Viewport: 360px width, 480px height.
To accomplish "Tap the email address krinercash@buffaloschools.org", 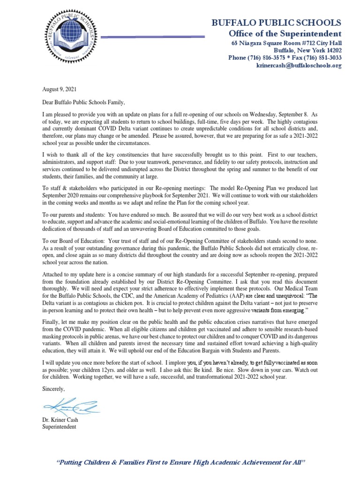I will (x=299, y=66).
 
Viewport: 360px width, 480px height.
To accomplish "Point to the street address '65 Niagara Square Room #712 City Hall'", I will (x=287, y=43).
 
